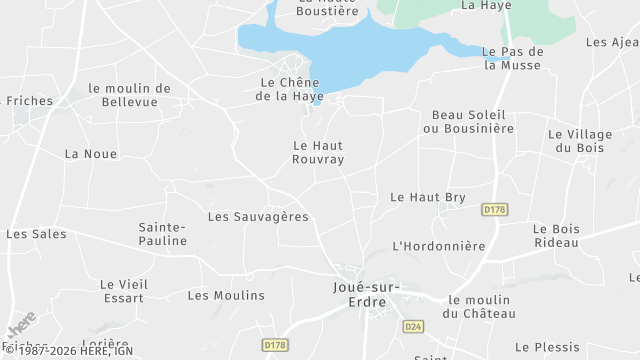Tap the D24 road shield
pyautogui.click(x=412, y=327)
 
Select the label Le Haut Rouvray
pyautogui.click(x=318, y=152)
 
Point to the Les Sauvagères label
pyautogui.click(x=257, y=216)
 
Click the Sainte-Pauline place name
pyautogui.click(x=162, y=234)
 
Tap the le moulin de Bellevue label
pyautogui.click(x=129, y=95)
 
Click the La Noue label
pyautogui.click(x=90, y=154)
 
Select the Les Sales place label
pyautogui.click(x=36, y=234)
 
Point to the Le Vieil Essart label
pyautogui.click(x=124, y=290)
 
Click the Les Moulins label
pyautogui.click(x=226, y=295)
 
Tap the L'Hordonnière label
pyautogui.click(x=438, y=246)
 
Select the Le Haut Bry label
pyautogui.click(x=428, y=197)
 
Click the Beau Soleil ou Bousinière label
pyautogui.click(x=468, y=121)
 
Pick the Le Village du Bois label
pyautogui.click(x=578, y=141)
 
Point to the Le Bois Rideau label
pyautogui.click(x=556, y=236)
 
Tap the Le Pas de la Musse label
pyautogui.click(x=512, y=58)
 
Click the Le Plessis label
pyautogui.click(x=547, y=347)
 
